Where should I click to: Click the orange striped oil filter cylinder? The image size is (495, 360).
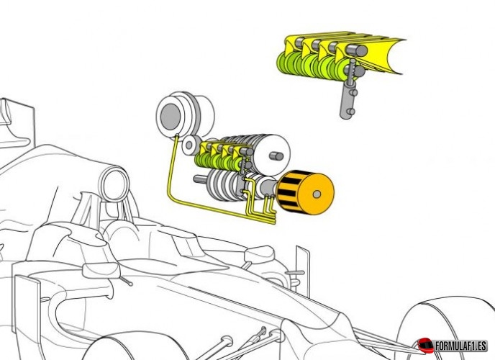(x=304, y=193)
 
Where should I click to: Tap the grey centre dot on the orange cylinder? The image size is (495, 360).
(x=317, y=194)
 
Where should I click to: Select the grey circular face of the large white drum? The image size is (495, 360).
(x=171, y=117)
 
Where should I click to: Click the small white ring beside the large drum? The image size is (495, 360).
(x=190, y=145)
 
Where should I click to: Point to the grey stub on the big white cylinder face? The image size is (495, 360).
(x=276, y=156)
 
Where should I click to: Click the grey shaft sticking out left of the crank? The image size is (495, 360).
(x=200, y=179)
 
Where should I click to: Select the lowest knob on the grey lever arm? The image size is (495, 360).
(x=350, y=112)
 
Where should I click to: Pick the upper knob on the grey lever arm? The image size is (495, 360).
(x=353, y=93)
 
